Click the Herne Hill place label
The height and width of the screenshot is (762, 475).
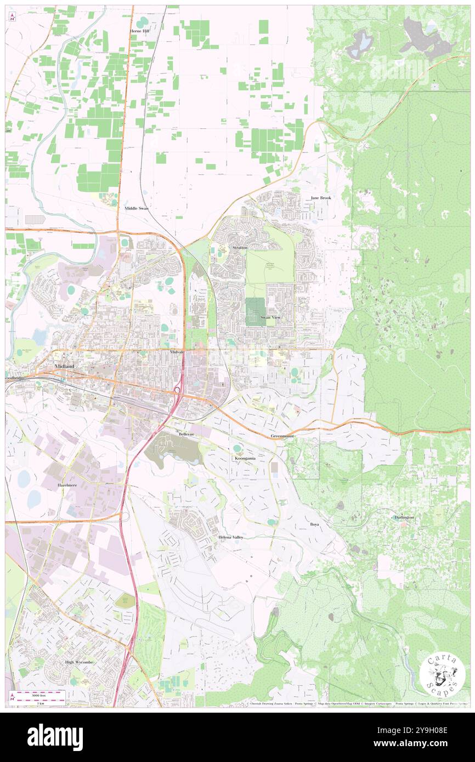[139, 31]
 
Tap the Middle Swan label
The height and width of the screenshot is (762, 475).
[137, 208]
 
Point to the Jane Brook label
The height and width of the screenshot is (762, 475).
[321, 197]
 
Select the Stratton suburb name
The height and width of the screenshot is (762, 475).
[240, 248]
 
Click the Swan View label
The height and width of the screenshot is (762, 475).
[270, 317]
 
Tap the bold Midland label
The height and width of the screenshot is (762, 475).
[65, 366]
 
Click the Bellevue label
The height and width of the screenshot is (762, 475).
[187, 434]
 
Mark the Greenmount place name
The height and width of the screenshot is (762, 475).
[282, 436]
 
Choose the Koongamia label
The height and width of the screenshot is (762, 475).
[245, 457]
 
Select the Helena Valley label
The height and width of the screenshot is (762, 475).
[230, 537]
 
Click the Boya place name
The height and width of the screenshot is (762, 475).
[314, 524]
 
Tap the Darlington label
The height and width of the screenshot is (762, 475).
[404, 518]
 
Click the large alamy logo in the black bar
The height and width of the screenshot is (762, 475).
[55, 737]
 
